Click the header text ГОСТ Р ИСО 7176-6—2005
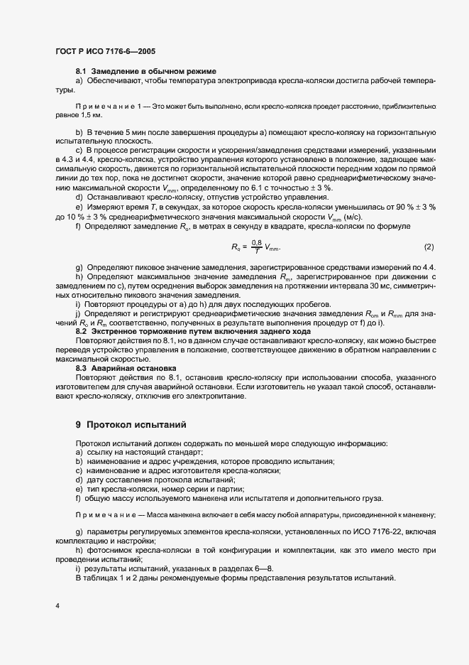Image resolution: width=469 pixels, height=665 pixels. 105,51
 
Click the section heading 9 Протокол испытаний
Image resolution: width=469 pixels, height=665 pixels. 131,425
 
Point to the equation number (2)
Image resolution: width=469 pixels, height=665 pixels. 429,247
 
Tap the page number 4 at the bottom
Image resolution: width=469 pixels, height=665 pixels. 57,606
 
